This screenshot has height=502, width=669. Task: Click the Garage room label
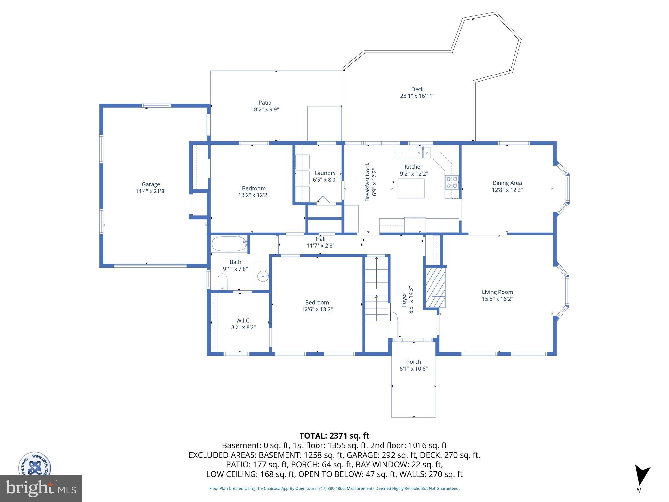coord(151,184)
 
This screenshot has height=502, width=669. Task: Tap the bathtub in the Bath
coord(229,244)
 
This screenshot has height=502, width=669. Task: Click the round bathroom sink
coord(263,276)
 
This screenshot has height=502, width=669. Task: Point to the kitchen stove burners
coord(452,182)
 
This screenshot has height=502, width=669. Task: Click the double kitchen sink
coord(423,152)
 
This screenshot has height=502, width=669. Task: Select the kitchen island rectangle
coord(411,188)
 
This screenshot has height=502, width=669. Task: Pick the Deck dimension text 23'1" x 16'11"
coord(417,96)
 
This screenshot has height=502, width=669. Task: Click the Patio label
coord(265,103)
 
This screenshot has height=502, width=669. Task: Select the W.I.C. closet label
coord(243,320)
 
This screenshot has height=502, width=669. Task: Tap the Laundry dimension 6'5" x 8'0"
coord(325,180)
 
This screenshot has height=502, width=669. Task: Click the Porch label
coord(414,362)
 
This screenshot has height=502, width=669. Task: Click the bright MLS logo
coord(41,488)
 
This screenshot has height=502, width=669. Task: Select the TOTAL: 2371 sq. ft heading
coord(334,436)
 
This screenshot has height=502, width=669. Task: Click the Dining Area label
coord(507,183)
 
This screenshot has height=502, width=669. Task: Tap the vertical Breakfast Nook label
coord(367,182)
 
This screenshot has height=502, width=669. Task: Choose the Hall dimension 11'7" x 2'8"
coord(320,246)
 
